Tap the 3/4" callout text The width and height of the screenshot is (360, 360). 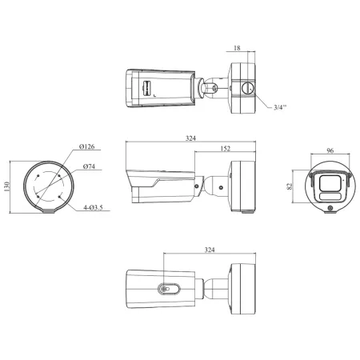pos(281,106)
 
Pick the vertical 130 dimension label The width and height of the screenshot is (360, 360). pos(7,185)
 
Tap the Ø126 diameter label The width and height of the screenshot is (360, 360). pos(88,147)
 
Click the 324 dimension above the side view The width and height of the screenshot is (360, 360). pos(190,138)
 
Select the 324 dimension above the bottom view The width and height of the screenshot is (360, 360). pos(209,250)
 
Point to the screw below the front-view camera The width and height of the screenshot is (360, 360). pos(330,209)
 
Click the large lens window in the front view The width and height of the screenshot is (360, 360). pos(330,182)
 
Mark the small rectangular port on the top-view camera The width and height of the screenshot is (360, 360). pos(147,87)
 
